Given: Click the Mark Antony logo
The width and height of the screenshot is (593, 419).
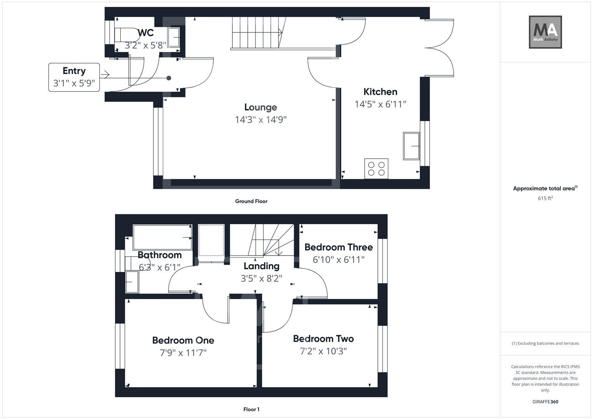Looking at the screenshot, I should tap(545, 32).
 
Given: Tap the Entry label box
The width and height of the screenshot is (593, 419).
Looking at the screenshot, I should tap(74, 77).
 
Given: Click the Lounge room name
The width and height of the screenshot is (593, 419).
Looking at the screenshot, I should tap(261, 107).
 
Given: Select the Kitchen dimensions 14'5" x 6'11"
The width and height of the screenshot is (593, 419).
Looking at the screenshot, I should tap(380, 104).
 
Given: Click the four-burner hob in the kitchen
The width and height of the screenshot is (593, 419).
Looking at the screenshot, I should tap(376, 168).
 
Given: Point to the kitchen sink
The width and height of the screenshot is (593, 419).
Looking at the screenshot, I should tap(411, 146).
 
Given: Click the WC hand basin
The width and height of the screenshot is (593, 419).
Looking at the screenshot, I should tap(174, 37).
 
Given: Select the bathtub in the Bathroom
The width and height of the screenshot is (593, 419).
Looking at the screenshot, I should tap(162, 237).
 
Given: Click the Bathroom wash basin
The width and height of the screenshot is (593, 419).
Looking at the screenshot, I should tap(132, 282).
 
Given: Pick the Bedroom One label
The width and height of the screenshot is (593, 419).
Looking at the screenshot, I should tap(183, 340).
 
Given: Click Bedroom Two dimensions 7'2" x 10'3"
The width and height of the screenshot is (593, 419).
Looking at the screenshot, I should tap(323, 351).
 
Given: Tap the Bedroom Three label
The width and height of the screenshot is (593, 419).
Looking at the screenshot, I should tap(338, 247).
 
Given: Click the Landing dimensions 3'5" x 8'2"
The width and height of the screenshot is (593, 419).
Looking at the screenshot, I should tap(261, 278).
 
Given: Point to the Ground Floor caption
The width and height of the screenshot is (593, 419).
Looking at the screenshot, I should tap(251, 201).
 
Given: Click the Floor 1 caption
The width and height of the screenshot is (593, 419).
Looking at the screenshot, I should tap(251, 409).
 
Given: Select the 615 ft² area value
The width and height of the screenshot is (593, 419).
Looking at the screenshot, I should tap(545, 198).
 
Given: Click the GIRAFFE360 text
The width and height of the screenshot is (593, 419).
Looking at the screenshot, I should tap(545, 402).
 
